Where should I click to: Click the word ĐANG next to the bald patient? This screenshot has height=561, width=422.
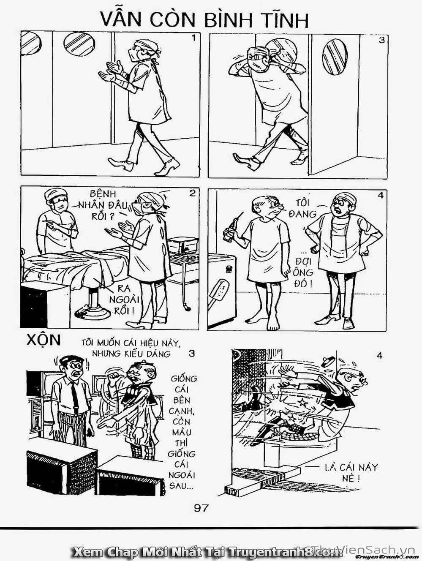[302, 214]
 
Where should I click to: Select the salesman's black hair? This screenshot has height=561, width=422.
[71, 359]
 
